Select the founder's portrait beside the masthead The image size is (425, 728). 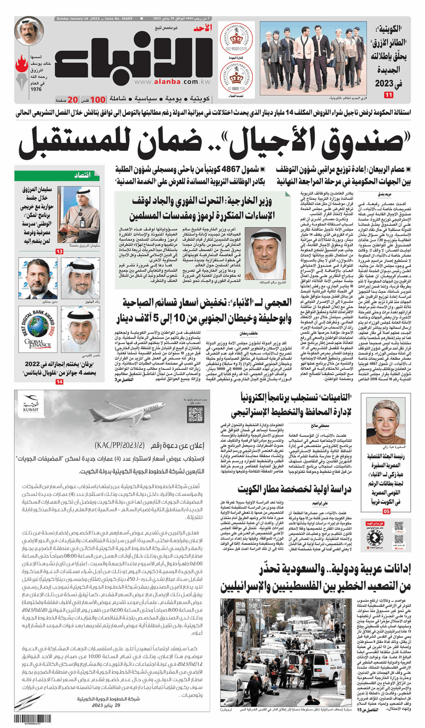pos(29,31)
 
